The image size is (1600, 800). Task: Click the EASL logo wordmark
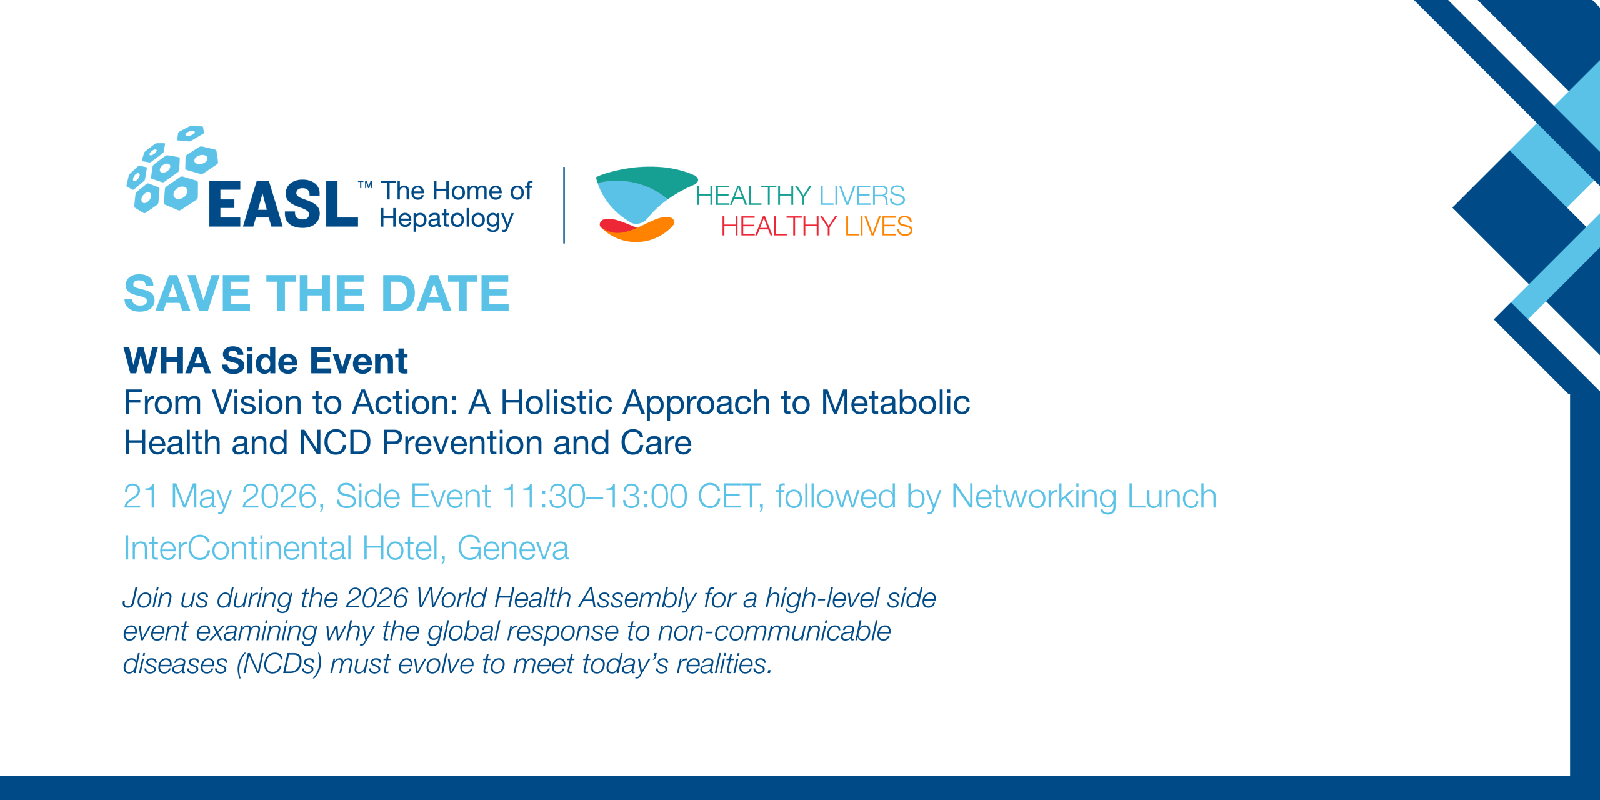click(x=283, y=204)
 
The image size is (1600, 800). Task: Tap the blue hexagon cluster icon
click(x=172, y=169)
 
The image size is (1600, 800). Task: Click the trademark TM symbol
click(x=366, y=185)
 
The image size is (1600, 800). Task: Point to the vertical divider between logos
click(x=564, y=205)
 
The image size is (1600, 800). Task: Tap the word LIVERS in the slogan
click(x=862, y=196)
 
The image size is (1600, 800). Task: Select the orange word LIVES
click(x=879, y=226)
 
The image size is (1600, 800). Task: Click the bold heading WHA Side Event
click(x=266, y=361)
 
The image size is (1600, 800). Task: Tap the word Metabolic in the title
click(x=895, y=402)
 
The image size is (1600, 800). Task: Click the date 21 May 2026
click(x=221, y=497)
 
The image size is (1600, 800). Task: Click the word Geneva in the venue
click(x=513, y=548)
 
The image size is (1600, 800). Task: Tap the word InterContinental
click(x=238, y=548)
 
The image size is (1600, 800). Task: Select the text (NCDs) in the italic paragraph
click(x=279, y=664)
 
